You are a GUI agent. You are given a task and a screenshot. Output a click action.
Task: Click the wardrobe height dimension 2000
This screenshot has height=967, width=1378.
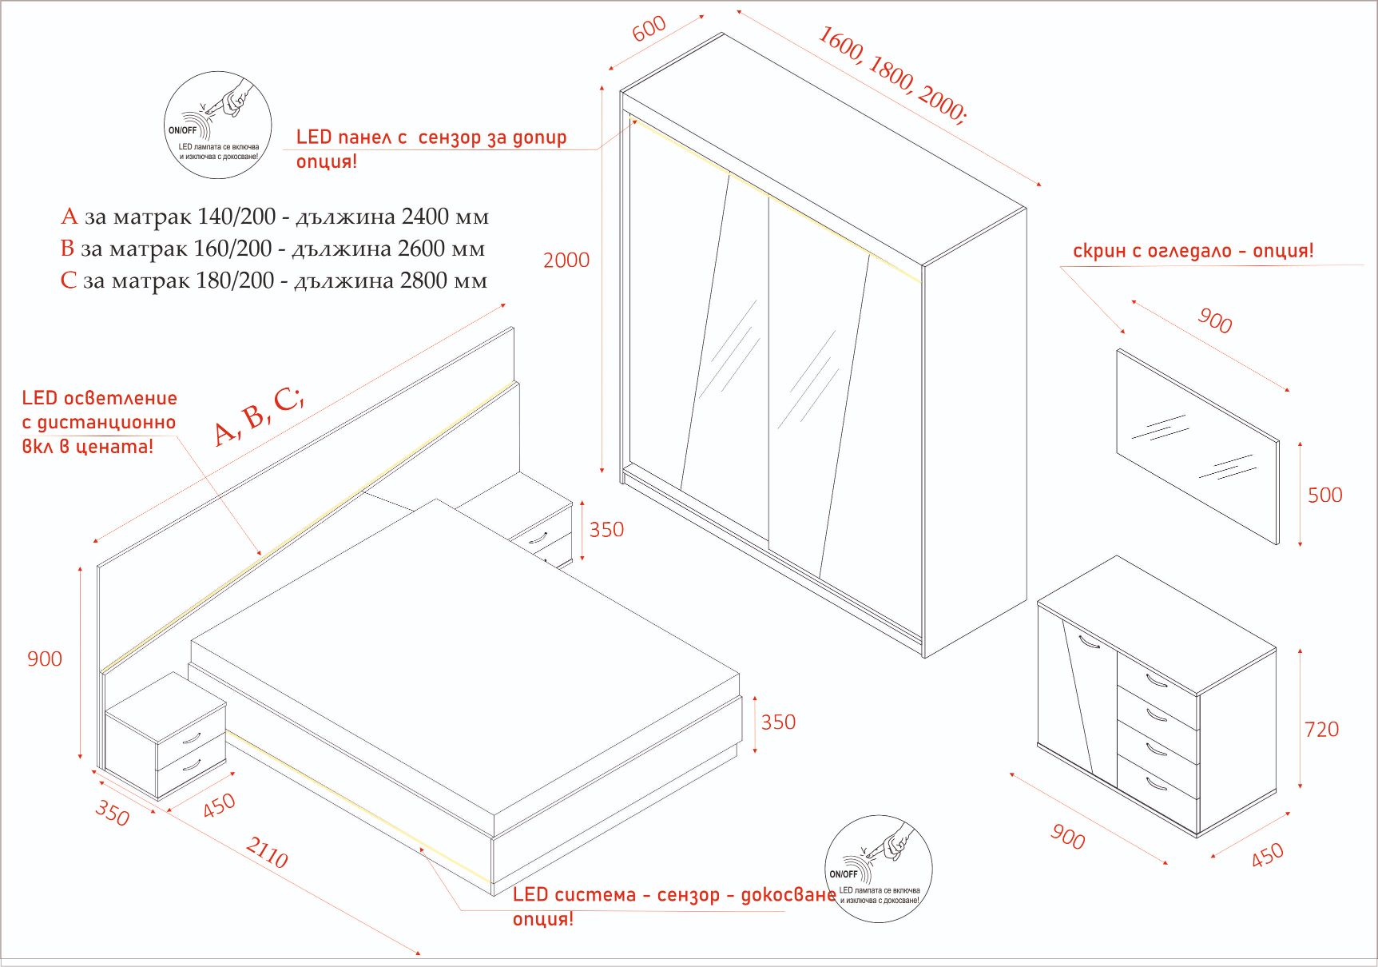pos(566,261)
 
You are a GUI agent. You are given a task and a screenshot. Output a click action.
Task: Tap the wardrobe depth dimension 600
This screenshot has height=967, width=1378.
pos(649,28)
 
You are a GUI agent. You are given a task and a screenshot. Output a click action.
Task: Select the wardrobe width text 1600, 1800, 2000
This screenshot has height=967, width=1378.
pos(892,74)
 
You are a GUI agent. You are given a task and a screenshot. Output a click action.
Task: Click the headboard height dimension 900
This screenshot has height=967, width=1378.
pos(45,659)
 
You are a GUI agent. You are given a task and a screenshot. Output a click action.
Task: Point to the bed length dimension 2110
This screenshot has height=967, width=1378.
pos(266,853)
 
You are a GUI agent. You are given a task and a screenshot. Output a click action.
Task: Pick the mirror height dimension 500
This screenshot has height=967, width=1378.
pos(1324,495)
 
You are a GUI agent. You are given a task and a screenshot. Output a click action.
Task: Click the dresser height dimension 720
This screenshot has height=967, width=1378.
pos(1321,730)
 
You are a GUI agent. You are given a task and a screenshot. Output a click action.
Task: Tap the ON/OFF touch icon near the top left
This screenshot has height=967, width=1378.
pos(218,125)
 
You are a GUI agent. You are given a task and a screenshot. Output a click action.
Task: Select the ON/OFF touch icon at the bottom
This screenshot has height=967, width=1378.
pos(879,869)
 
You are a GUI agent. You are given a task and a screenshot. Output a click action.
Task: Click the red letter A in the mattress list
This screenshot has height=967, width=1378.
pos(69,217)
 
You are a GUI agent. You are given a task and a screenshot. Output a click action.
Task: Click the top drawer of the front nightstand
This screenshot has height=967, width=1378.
pos(191,738)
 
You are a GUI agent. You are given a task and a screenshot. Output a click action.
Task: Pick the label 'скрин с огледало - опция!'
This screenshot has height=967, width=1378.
pos(1193,251)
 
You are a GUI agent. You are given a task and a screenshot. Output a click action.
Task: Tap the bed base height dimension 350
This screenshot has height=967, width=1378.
pos(778,722)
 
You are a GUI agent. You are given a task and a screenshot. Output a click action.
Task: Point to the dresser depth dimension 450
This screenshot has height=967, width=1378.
pos(1267,854)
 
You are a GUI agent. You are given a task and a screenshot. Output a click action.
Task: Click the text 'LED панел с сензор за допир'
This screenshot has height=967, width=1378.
pos(431,137)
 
